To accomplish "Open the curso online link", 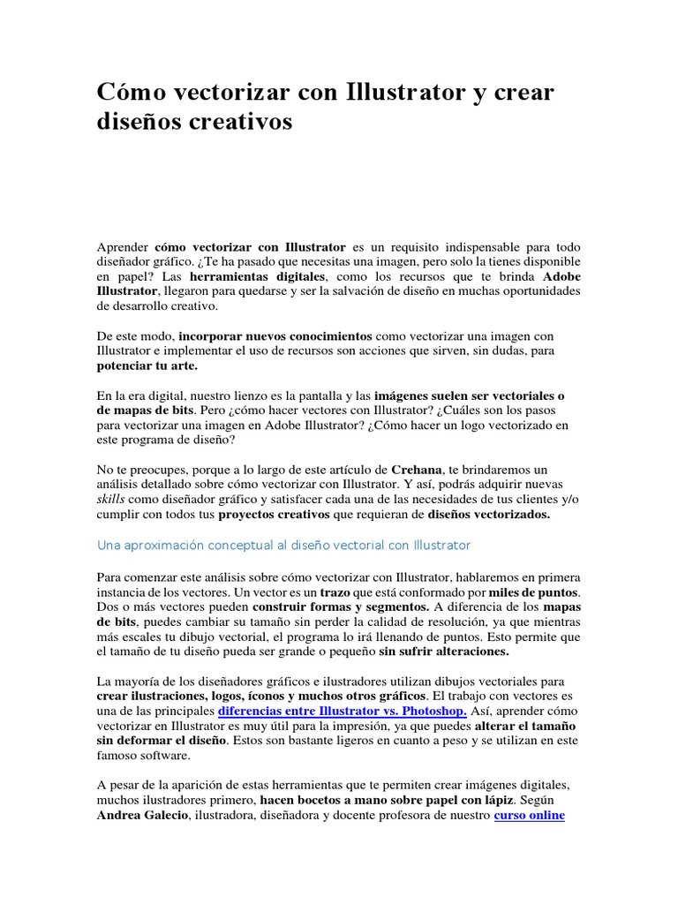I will coord(529,815).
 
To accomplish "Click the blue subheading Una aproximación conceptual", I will coord(283,546).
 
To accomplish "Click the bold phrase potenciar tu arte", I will coord(147,365).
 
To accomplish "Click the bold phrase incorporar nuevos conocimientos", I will coord(276,335).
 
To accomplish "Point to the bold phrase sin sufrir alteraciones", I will coord(443,652).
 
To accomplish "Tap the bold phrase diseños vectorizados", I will coord(488,516).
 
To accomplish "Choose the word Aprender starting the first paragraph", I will coord(123,245).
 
